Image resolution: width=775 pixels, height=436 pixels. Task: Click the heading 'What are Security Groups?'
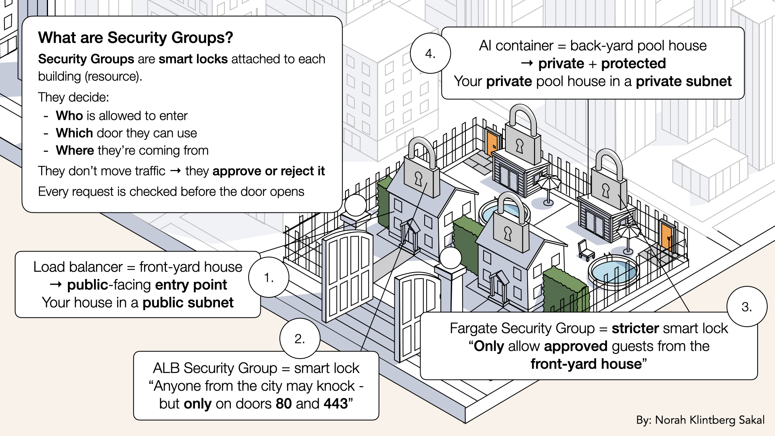136,38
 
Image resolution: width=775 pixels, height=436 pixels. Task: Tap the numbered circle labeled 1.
269,277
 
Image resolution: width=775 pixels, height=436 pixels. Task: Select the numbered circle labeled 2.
300,338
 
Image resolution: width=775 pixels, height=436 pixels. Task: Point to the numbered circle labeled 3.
747,307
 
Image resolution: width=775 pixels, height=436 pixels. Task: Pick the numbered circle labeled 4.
430,53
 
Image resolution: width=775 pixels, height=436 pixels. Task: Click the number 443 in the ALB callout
335,404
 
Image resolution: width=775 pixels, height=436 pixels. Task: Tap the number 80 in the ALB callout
284,404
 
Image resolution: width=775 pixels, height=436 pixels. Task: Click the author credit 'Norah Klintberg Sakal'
710,420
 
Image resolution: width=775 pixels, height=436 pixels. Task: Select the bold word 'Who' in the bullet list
69,116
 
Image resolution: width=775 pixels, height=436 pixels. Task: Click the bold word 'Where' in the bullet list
75,151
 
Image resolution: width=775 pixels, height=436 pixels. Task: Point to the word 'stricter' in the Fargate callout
635,329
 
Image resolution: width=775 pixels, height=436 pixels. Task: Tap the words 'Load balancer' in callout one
78,267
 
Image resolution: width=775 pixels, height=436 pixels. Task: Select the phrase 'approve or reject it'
268,171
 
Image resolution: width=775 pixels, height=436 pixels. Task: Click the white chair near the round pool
585,250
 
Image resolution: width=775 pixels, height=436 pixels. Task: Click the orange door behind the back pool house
492,143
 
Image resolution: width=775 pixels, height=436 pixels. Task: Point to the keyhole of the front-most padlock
507,234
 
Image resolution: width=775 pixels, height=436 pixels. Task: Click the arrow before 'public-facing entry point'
56,285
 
